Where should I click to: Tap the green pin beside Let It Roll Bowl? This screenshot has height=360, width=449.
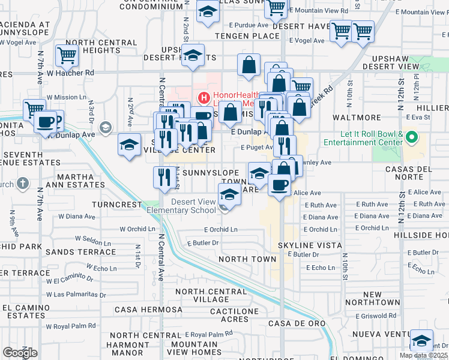411,138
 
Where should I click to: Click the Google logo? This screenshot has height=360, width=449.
20,352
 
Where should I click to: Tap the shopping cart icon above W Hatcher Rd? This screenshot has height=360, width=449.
67,56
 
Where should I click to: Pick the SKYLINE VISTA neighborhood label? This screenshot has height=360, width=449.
310,245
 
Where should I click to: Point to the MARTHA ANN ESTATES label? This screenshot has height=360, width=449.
77,181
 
